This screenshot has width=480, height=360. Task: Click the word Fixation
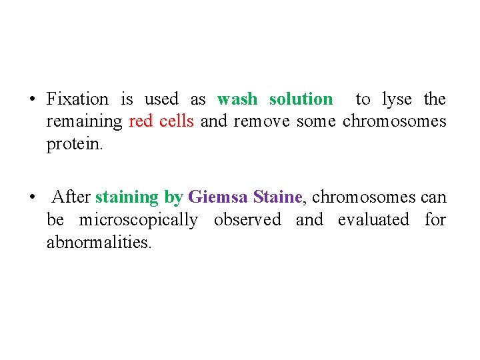tap(77, 99)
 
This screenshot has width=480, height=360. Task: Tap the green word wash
tap(237, 99)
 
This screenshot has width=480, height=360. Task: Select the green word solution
tap(301, 99)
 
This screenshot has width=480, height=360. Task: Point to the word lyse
tap(397, 99)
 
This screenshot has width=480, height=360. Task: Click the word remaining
tap(84, 122)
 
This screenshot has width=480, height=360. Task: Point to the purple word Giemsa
tap(217, 197)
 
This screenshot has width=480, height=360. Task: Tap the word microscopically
tap(138, 220)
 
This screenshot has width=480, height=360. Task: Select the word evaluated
tap(373, 220)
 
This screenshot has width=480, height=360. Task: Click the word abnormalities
tap(99, 243)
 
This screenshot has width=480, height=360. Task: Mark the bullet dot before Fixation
tap(32, 100)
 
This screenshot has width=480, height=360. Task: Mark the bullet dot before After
tap(32, 198)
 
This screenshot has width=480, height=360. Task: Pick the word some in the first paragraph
tap(316, 121)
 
